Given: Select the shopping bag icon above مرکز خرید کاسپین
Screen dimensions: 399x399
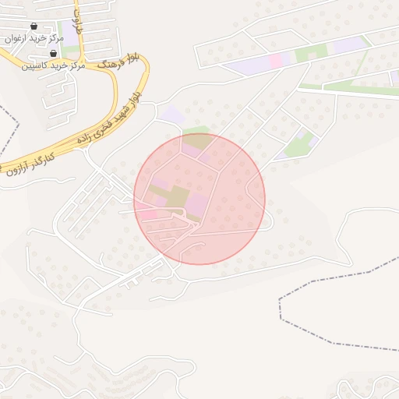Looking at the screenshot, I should click(52, 54).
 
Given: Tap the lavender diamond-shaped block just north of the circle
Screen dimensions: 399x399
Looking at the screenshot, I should click(172, 115).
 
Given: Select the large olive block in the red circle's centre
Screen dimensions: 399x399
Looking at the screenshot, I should click(178, 196).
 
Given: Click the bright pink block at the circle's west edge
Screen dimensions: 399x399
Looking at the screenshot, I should click(146, 214).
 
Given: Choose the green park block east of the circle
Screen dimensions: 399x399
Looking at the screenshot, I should click(299, 143).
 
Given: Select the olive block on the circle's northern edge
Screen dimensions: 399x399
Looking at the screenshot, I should click(199, 142).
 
